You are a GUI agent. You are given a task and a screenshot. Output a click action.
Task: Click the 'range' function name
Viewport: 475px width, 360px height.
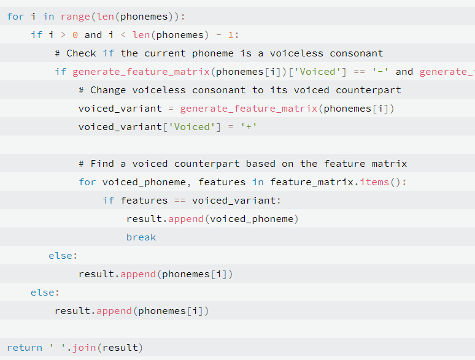[75, 17]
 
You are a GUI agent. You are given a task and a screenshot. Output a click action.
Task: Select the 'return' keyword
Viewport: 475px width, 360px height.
[25, 348]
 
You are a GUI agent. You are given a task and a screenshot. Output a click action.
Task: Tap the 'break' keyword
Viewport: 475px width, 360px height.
[141, 237]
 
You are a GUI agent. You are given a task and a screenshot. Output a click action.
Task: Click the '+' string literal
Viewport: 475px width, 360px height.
[249, 127]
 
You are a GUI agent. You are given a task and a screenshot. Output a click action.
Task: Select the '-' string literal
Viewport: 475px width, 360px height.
[380, 72]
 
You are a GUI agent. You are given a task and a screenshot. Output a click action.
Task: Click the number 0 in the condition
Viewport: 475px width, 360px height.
[75, 35]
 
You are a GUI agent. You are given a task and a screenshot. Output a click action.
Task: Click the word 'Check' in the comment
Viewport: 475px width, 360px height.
[81, 53]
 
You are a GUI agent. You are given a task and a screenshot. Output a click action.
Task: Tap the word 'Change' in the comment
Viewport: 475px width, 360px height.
[108, 90]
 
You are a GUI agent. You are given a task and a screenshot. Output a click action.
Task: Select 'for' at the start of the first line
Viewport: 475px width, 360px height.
[15, 17]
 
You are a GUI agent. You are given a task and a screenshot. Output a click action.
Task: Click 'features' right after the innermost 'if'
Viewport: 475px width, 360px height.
[144, 201]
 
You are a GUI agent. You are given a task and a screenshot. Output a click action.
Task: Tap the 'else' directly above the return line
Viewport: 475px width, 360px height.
[42, 293]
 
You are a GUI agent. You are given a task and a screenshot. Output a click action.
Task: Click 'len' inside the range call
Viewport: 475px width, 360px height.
[105, 17]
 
